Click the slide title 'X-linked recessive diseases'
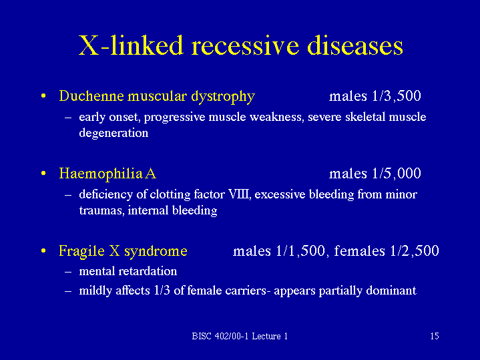click(x=240, y=45)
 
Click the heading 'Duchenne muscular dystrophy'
click(x=157, y=96)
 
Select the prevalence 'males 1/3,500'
click(x=375, y=96)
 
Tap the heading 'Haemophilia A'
click(x=107, y=174)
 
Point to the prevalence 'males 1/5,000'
click(x=375, y=174)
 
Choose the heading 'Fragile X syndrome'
click(x=123, y=251)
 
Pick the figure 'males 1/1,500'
click(x=279, y=251)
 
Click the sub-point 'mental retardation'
click(x=128, y=271)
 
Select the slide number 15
click(x=434, y=336)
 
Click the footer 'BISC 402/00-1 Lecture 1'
click(x=239, y=336)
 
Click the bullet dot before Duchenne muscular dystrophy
click(x=43, y=97)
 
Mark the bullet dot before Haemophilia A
click(x=43, y=174)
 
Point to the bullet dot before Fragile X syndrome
click(x=43, y=252)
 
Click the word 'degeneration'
click(x=113, y=133)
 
